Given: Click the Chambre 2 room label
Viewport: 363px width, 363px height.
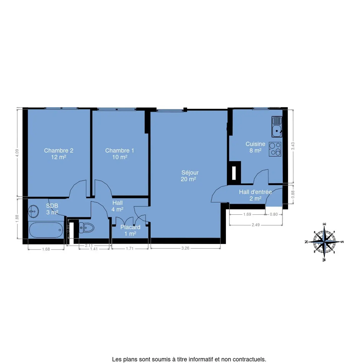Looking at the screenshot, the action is pyautogui.click(x=58, y=154).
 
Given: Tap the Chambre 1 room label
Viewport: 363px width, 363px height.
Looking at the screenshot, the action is pyautogui.click(x=119, y=154).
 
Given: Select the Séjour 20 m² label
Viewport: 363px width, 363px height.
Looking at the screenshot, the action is pyautogui.click(x=190, y=176).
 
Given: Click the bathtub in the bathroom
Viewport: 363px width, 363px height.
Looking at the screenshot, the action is pyautogui.click(x=46, y=230).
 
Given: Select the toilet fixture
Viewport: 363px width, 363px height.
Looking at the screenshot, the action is pyautogui.click(x=86, y=228).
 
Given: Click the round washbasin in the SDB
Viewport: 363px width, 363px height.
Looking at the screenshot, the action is pyautogui.click(x=33, y=211).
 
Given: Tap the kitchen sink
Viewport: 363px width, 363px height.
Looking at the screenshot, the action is pyautogui.click(x=277, y=127).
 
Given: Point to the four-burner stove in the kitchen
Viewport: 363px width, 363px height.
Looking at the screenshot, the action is pyautogui.click(x=275, y=149).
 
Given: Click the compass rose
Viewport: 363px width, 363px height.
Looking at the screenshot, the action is pyautogui.click(x=324, y=242).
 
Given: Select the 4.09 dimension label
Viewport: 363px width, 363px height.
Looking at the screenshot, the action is pyautogui.click(x=17, y=153).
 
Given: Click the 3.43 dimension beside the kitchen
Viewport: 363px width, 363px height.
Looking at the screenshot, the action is pyautogui.click(x=293, y=146).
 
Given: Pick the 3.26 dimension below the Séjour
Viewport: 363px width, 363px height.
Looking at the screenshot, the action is pyautogui.click(x=185, y=248).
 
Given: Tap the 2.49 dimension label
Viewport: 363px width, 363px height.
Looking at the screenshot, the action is pyautogui.click(x=256, y=225).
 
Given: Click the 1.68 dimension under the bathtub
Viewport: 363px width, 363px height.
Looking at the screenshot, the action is pyautogui.click(x=46, y=249).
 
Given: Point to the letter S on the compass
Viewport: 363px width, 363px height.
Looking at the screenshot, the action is pyautogui.click(x=342, y=242).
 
